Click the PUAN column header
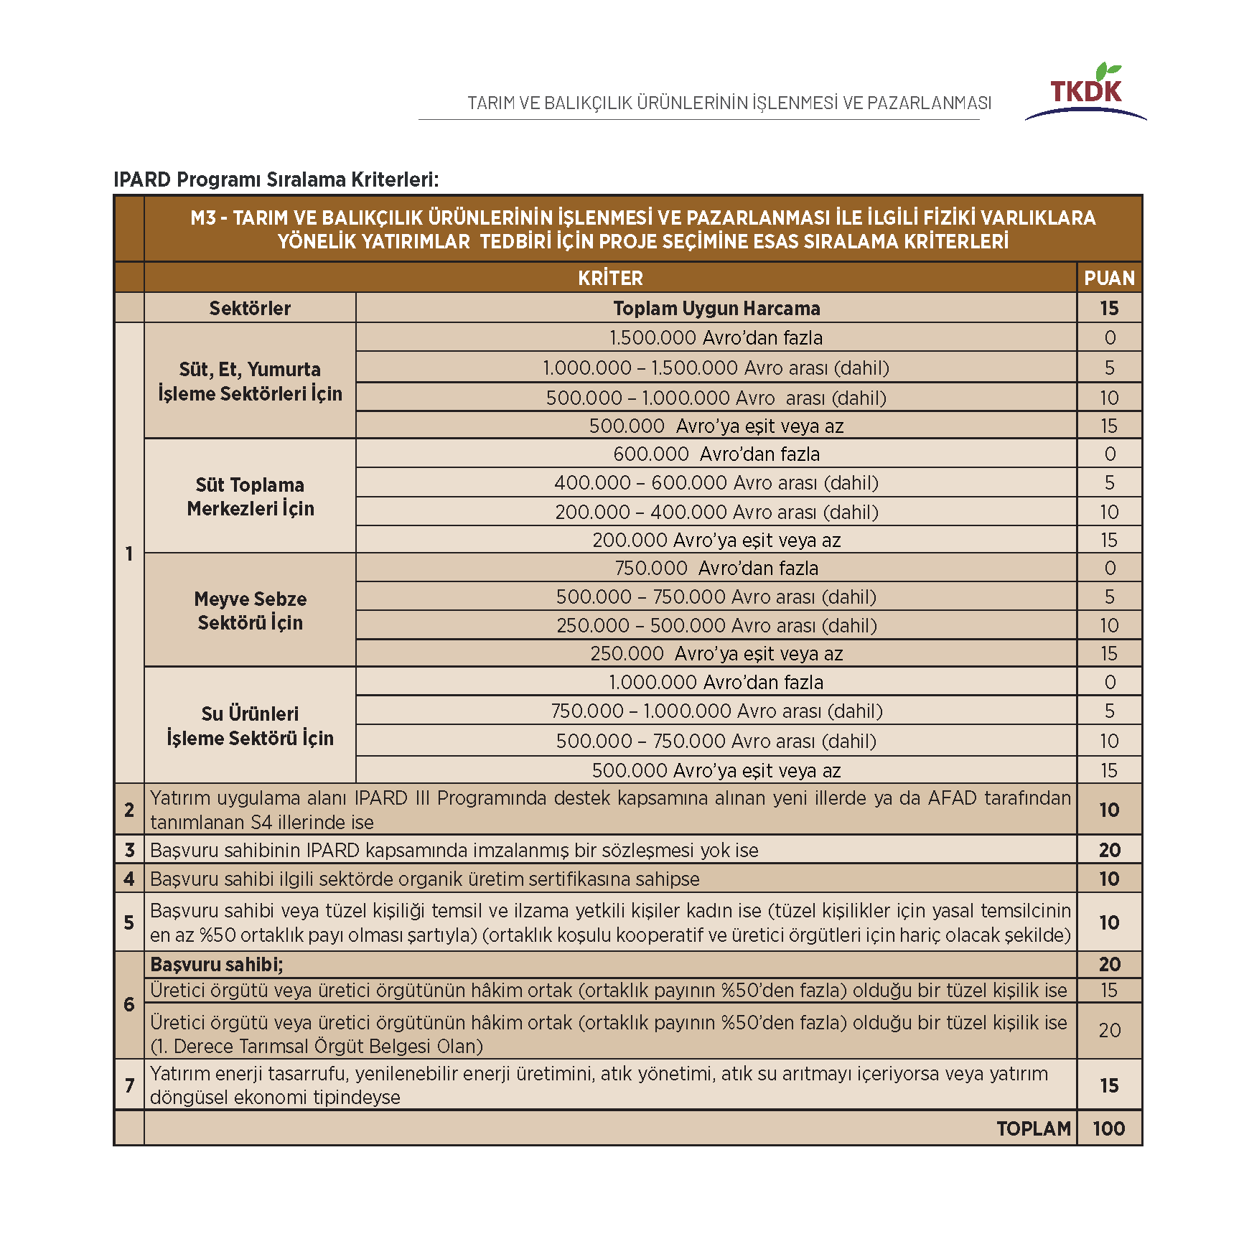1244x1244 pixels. click(1109, 278)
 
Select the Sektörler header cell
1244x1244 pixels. click(250, 308)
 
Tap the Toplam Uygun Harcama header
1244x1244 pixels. click(716, 308)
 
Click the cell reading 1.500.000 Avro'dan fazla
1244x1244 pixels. click(716, 337)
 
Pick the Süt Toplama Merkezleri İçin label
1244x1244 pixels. click(250, 496)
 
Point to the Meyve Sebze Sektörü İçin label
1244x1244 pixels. click(250, 610)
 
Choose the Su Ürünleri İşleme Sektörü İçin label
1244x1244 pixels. click(250, 725)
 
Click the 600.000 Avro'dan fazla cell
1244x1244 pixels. click(716, 454)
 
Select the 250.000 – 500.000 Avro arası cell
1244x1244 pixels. click(716, 625)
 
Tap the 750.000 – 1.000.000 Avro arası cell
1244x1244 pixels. click(716, 711)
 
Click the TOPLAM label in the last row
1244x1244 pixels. click(1033, 1128)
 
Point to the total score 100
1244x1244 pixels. click(1108, 1128)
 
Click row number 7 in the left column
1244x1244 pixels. click(129, 1085)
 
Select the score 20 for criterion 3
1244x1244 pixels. click(1109, 850)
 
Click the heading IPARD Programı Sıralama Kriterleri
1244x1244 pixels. click(276, 179)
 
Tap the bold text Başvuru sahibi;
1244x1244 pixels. click(216, 964)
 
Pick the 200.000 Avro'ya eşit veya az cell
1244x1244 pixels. click(716, 540)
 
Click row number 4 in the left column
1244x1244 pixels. click(129, 879)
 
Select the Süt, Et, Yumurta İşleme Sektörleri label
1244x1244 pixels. click(250, 381)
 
